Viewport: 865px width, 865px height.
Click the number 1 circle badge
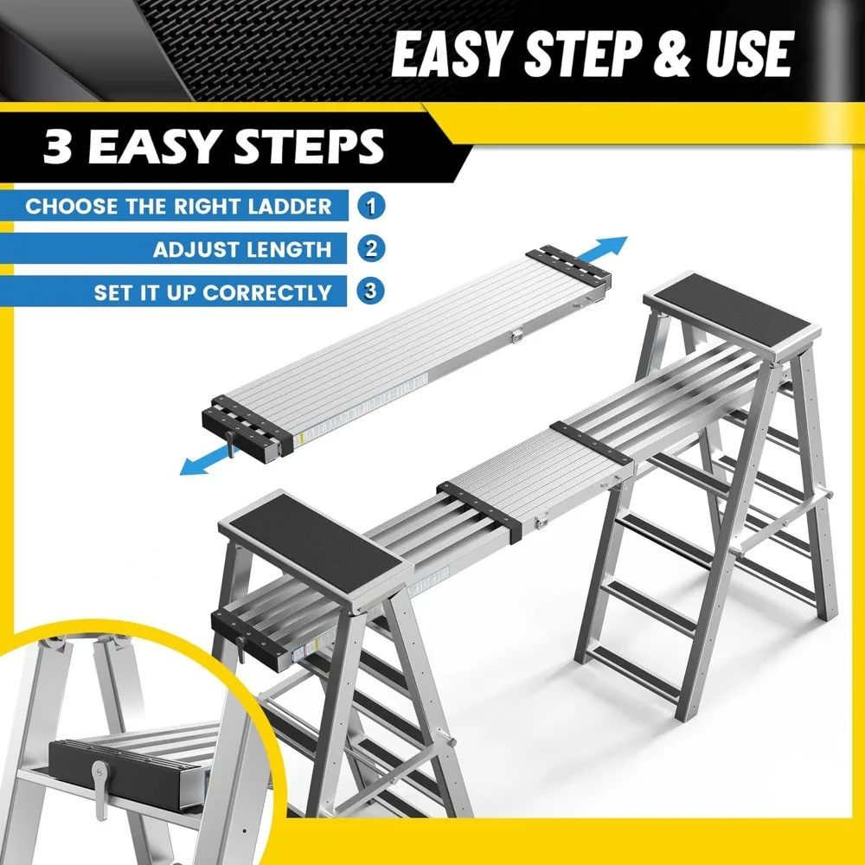pos(371,206)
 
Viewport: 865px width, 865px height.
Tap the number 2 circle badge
pos(371,248)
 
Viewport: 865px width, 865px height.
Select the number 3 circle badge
pos(371,291)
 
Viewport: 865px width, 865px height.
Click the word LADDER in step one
pos(290,207)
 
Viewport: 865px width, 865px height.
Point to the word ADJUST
pos(195,249)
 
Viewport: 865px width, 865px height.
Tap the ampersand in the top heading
pos(671,54)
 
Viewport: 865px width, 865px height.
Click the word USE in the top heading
pos(749,54)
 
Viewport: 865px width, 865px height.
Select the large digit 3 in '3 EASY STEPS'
pos(58,146)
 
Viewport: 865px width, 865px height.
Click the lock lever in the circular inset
pos(100,789)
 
